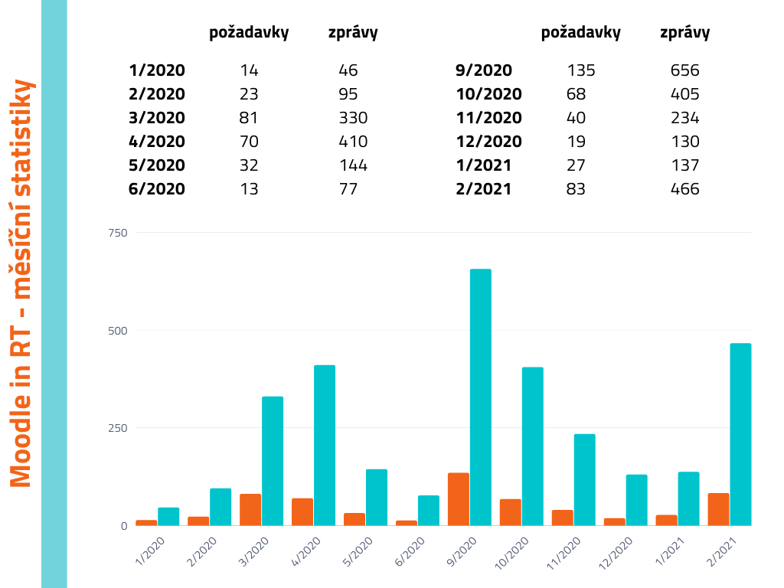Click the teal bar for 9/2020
coord(481,397)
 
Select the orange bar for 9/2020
coord(459,499)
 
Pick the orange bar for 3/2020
coord(250,510)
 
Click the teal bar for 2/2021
coord(740,434)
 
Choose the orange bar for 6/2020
coord(407,523)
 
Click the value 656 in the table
coord(684,70)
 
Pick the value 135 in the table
coord(581,70)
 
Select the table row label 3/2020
coord(157,118)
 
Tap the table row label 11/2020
coord(488,118)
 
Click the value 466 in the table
coord(684,188)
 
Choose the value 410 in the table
coord(353,142)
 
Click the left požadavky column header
coord(249,32)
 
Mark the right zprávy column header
coord(684,32)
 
